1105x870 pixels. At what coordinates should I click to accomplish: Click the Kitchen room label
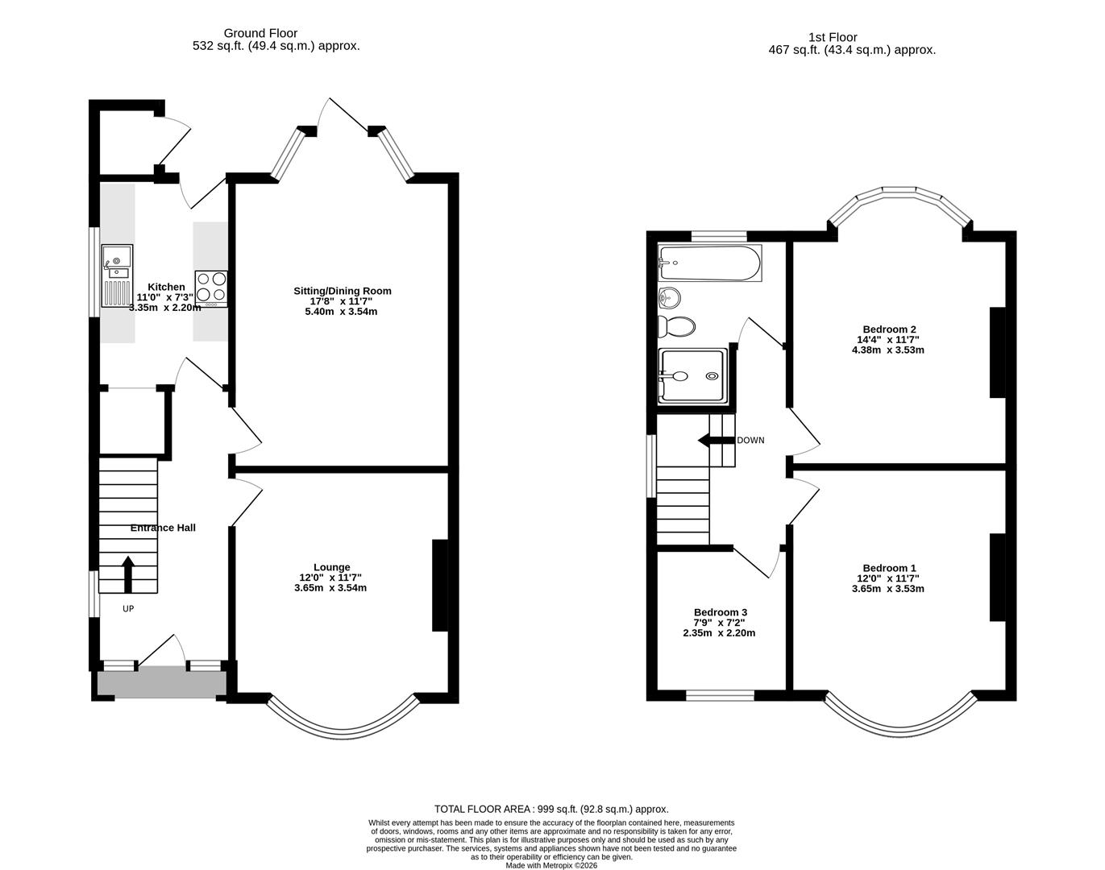click(x=166, y=287)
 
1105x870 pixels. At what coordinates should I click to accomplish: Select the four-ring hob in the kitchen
click(x=211, y=288)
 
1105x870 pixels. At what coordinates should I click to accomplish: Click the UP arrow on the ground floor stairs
click(x=127, y=571)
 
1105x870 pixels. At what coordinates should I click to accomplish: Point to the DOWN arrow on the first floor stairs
click(x=715, y=440)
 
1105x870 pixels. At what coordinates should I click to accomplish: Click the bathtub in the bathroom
click(x=708, y=263)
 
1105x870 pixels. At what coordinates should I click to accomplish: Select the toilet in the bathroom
click(x=677, y=326)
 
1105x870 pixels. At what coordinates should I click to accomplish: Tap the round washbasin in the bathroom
click(x=669, y=298)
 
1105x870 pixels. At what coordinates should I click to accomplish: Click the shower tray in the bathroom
click(x=692, y=375)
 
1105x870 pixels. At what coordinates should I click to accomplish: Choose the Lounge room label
click(x=331, y=567)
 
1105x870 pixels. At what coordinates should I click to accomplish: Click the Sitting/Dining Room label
click(x=343, y=291)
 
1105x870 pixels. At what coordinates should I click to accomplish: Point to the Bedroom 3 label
click(x=720, y=612)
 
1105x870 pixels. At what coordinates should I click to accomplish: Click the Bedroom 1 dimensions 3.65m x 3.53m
click(x=887, y=589)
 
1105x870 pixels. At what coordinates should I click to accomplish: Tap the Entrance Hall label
click(x=163, y=528)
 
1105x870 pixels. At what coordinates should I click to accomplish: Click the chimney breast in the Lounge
click(x=440, y=585)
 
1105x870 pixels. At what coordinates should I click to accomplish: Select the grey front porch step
click(x=161, y=683)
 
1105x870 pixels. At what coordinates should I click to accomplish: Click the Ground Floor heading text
click(x=260, y=33)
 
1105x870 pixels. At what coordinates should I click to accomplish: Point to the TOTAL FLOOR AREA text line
click(x=551, y=809)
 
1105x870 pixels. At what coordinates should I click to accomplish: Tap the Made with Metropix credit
click(x=551, y=866)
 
